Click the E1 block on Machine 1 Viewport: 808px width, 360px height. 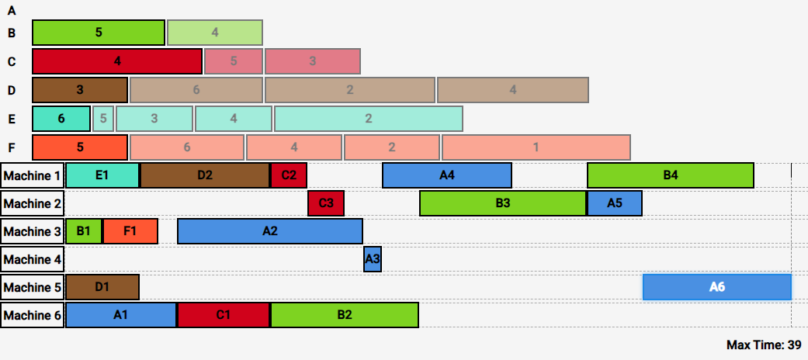102,175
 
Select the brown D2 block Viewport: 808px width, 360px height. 205,175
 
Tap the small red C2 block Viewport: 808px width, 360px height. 289,175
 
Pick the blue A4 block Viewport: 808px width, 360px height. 447,175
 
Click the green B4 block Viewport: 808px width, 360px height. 671,175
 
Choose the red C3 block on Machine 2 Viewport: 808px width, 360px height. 326,203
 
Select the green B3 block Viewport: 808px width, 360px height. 503,203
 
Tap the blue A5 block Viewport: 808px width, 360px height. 615,203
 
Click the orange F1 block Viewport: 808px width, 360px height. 130,231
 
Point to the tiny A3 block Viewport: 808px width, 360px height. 373,259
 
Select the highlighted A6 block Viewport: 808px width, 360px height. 717,287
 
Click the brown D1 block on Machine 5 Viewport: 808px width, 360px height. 102,287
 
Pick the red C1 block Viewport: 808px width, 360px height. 224,315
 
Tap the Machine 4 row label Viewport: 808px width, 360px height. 33,259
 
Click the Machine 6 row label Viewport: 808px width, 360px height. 33,315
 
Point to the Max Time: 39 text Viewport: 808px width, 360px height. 764,344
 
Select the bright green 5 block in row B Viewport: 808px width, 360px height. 99,33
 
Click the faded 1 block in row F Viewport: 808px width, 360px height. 536,147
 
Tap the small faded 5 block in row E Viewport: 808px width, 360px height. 103,119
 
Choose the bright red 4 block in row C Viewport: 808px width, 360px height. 117,61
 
